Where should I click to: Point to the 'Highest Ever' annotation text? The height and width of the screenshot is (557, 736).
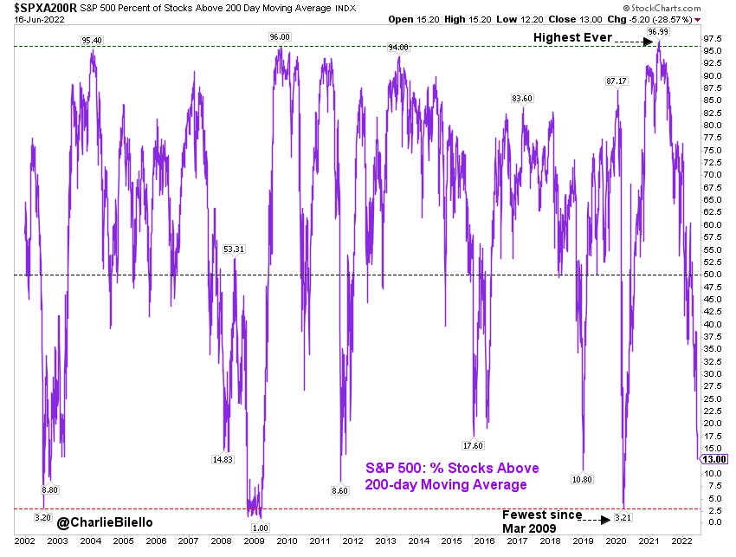[x=572, y=37]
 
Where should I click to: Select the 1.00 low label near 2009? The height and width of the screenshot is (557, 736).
[x=260, y=527]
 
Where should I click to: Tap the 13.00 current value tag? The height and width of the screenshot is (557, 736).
[x=716, y=458]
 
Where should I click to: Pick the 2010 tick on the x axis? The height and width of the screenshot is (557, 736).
[x=286, y=539]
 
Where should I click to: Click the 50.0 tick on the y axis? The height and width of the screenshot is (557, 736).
[x=712, y=275]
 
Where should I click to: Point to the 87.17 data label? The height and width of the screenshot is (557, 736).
[x=616, y=81]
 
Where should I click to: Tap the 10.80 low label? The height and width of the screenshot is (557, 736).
[x=582, y=479]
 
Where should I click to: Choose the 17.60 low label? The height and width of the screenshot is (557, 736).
[x=472, y=445]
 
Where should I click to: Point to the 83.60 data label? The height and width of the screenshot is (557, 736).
[x=521, y=98]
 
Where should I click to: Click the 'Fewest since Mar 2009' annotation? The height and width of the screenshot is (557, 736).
[x=542, y=521]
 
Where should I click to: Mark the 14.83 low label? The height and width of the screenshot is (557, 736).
[x=222, y=459]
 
